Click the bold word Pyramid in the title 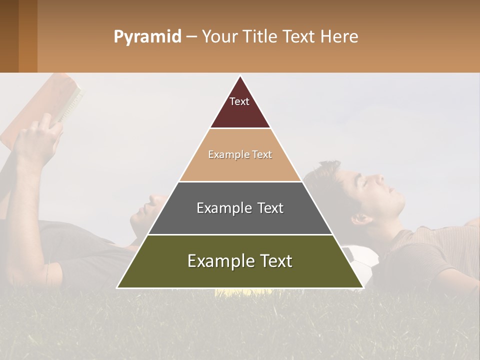[x=147, y=36]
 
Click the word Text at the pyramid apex [x=239, y=101]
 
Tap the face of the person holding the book [x=147, y=207]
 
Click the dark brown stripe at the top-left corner [x=9, y=36]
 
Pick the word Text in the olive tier [x=273, y=261]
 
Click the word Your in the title [x=220, y=36]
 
